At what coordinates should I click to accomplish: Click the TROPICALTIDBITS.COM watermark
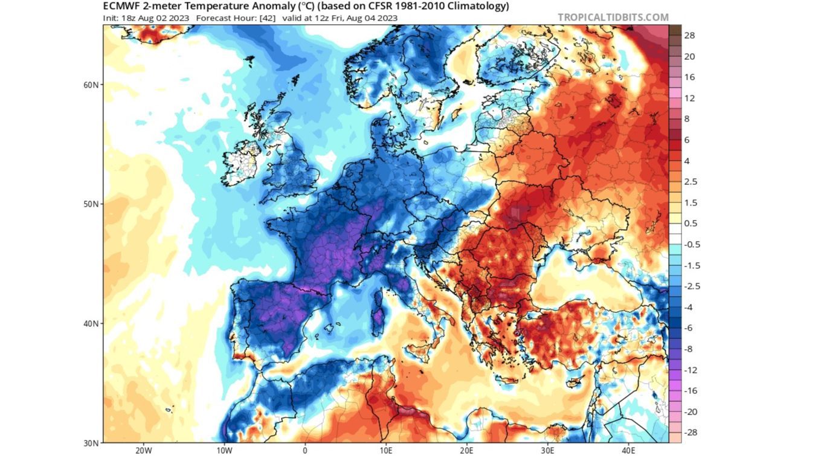[x=613, y=17]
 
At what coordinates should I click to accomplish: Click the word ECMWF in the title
[x=122, y=7]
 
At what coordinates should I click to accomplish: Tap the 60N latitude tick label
[x=91, y=85]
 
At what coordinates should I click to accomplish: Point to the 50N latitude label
[x=91, y=204]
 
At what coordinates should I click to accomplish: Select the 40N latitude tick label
[x=91, y=324]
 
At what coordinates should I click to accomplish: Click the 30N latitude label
[x=91, y=443]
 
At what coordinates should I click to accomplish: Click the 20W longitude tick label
[x=143, y=451]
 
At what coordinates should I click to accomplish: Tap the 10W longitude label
[x=224, y=451]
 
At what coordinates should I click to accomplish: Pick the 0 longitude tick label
[x=305, y=451]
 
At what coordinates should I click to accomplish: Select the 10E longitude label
[x=386, y=451]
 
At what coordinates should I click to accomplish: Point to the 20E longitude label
[x=467, y=451]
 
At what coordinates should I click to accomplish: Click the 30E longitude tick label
[x=547, y=451]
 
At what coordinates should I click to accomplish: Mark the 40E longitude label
[x=628, y=451]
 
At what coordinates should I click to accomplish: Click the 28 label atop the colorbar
[x=689, y=36]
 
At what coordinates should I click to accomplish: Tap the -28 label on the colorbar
[x=689, y=433]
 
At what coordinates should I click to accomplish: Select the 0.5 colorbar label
[x=691, y=224]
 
